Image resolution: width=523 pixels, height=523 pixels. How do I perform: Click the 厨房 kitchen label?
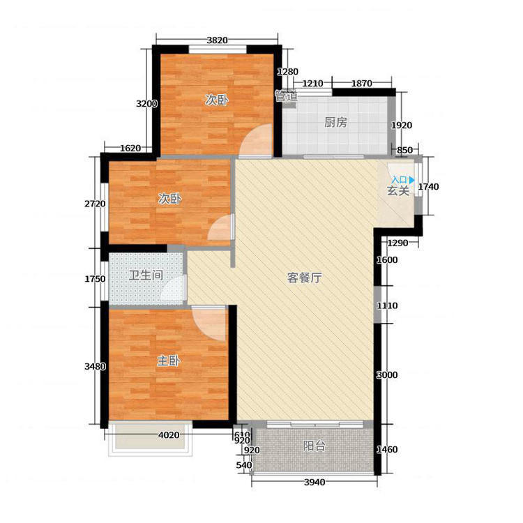click(335, 123)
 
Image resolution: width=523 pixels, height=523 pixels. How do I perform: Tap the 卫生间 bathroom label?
click(146, 275)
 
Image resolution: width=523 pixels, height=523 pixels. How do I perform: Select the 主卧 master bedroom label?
click(169, 361)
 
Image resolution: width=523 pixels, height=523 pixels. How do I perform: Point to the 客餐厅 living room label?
click(305, 278)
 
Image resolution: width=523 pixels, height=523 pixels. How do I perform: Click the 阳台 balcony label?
click(314, 446)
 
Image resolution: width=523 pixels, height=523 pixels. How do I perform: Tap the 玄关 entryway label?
click(398, 191)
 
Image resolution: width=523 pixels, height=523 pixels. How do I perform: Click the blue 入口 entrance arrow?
click(412, 180)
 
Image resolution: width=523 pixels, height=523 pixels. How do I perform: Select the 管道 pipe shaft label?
click(286, 96)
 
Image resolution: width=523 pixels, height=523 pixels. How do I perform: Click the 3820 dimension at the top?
click(217, 40)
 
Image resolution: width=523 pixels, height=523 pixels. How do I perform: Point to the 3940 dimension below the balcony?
click(314, 483)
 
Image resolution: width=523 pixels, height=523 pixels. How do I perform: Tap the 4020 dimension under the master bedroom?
click(169, 435)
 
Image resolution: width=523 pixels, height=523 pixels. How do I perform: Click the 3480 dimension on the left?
click(95, 367)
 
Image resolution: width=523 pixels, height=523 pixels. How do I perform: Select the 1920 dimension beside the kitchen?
click(402, 126)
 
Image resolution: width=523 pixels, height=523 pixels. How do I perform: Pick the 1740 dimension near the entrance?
click(429, 187)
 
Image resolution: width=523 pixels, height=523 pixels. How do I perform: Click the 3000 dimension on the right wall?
click(387, 375)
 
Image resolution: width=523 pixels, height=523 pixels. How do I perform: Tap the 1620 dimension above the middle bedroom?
click(130, 148)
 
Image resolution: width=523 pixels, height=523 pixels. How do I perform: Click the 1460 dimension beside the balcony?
click(387, 450)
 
